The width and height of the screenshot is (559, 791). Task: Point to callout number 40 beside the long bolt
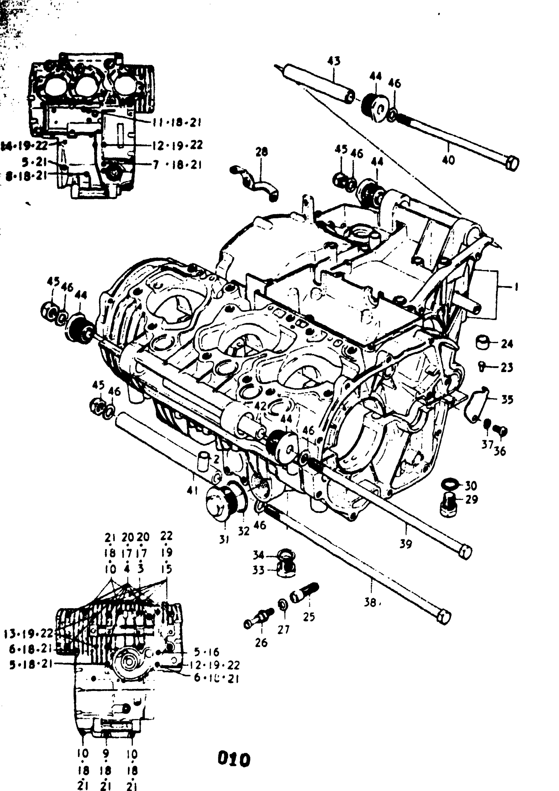point(448,160)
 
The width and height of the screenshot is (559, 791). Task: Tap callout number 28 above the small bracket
point(262,152)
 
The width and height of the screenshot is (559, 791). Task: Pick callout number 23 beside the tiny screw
point(507,368)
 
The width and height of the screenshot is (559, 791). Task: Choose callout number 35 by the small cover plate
point(507,400)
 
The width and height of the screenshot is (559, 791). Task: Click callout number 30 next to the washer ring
point(471,486)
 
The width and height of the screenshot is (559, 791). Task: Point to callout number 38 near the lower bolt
point(370,603)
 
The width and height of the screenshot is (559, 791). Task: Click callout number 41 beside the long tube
point(192,490)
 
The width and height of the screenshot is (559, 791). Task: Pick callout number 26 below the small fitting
point(261,642)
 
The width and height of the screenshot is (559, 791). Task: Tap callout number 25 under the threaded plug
point(309,616)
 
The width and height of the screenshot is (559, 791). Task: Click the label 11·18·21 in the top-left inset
point(177,123)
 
